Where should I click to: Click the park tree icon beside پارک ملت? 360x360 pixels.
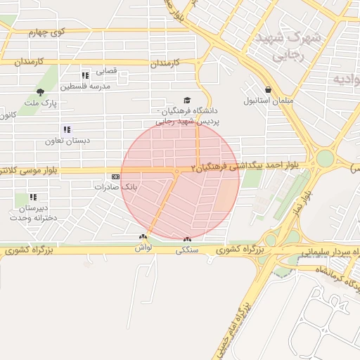click(x=40, y=91)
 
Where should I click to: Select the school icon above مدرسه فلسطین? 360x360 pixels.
click(x=85, y=75)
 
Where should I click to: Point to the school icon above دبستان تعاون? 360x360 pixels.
click(x=67, y=129)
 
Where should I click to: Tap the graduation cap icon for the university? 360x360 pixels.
click(x=186, y=101)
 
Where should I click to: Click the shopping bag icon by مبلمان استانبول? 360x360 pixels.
click(x=250, y=89)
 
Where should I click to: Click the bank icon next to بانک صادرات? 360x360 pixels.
click(x=115, y=177)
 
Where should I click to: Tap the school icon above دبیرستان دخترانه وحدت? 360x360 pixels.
click(x=33, y=197)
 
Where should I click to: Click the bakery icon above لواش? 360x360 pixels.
click(x=143, y=238)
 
